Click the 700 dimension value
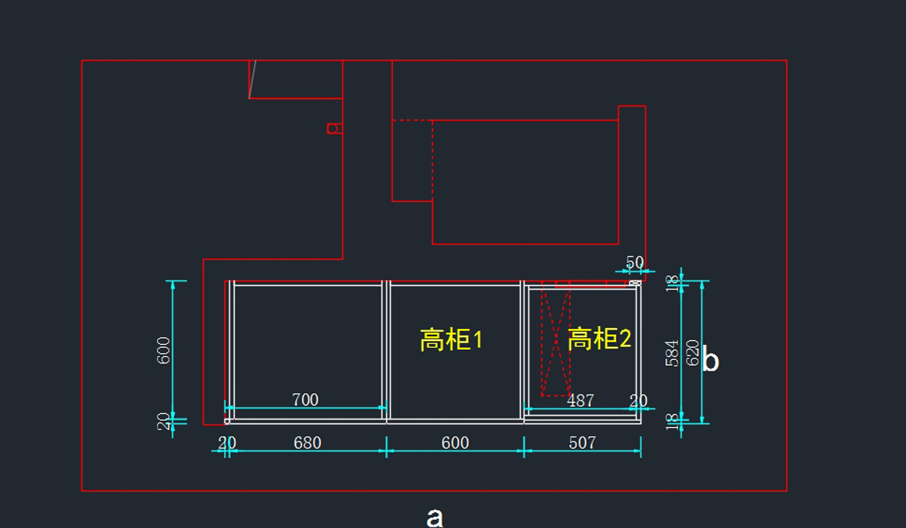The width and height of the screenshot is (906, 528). click(305, 400)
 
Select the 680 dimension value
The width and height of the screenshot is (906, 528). click(307, 443)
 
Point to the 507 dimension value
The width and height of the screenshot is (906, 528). click(582, 443)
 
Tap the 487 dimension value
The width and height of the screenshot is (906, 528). click(580, 401)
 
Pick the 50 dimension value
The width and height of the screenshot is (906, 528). click(635, 262)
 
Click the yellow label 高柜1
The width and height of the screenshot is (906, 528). click(451, 340)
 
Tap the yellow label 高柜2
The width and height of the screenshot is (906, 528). click(599, 339)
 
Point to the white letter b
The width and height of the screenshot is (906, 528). click(710, 361)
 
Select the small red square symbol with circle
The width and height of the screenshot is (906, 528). click(333, 128)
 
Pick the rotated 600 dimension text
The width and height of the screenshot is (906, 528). click(163, 350)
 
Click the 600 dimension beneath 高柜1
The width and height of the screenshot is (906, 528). click(455, 443)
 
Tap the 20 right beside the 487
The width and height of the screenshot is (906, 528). click(639, 401)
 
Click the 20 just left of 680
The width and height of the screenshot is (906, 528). click(226, 443)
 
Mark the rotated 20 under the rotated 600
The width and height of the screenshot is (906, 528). click(163, 421)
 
